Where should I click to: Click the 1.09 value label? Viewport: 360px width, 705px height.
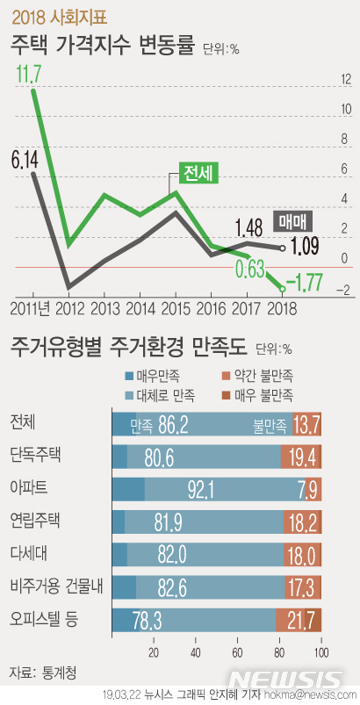pos(304,247)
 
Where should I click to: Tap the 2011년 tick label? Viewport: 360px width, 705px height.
pos(33,308)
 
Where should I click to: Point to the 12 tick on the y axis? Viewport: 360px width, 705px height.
pos(347,80)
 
